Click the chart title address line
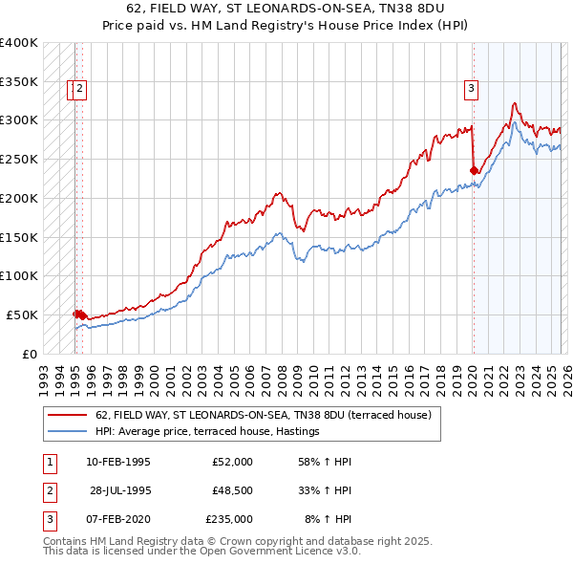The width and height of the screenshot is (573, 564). click(286, 10)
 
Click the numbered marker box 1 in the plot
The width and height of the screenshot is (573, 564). click(72, 90)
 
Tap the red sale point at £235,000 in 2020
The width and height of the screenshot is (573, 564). click(474, 171)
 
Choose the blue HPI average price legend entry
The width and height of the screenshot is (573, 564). click(206, 432)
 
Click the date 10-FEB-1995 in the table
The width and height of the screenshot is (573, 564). click(117, 462)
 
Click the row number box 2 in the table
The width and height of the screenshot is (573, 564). click(49, 490)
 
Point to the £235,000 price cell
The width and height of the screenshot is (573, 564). click(228, 519)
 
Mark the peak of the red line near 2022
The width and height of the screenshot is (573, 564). click(514, 103)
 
